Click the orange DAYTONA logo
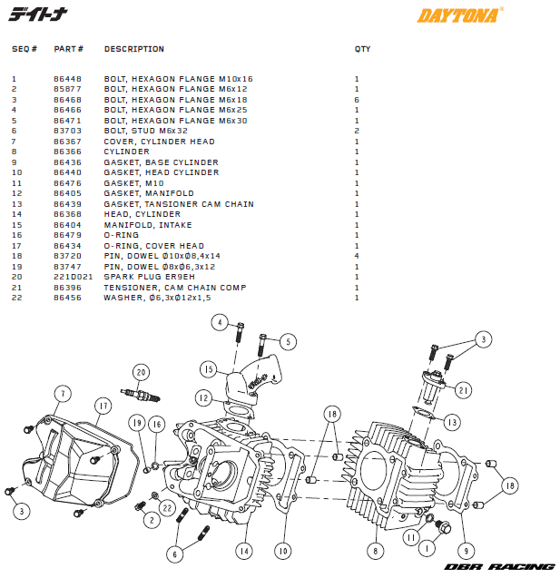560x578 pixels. [459, 15]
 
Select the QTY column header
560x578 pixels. [362, 49]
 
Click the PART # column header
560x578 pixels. [69, 49]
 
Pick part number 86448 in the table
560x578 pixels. [67, 79]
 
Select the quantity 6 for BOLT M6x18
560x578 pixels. [357, 100]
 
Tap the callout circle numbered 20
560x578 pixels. [140, 372]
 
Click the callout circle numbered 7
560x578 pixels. [62, 393]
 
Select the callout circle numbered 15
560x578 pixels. [208, 370]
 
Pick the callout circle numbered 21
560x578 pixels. [464, 390]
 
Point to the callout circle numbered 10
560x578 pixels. [282, 550]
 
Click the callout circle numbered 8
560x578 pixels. [376, 550]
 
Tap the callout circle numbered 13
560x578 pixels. [451, 422]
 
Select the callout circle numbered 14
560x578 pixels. [243, 550]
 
